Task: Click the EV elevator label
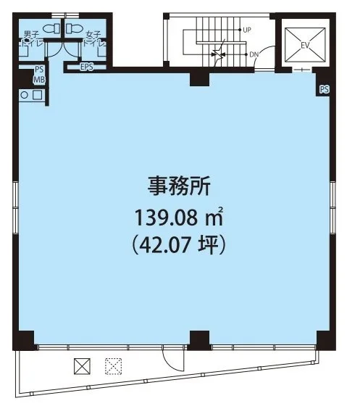click(x=305, y=46)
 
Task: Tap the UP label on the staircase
click(x=247, y=30)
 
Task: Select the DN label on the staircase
click(x=254, y=54)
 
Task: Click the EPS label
click(x=87, y=67)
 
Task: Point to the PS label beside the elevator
click(x=324, y=89)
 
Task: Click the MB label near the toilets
click(x=39, y=80)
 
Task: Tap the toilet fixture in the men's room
click(x=51, y=28)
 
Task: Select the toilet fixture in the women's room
click(x=75, y=28)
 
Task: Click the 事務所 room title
click(x=179, y=186)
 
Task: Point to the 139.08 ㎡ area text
click(x=179, y=217)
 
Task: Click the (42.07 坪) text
click(x=179, y=245)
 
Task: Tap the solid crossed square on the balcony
click(x=82, y=366)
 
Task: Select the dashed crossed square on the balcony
click(x=113, y=366)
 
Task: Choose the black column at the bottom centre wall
click(x=200, y=340)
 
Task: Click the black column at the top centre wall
click(x=200, y=78)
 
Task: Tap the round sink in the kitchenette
click(x=24, y=95)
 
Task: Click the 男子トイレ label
click(x=31, y=38)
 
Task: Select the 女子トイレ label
click(x=94, y=38)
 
